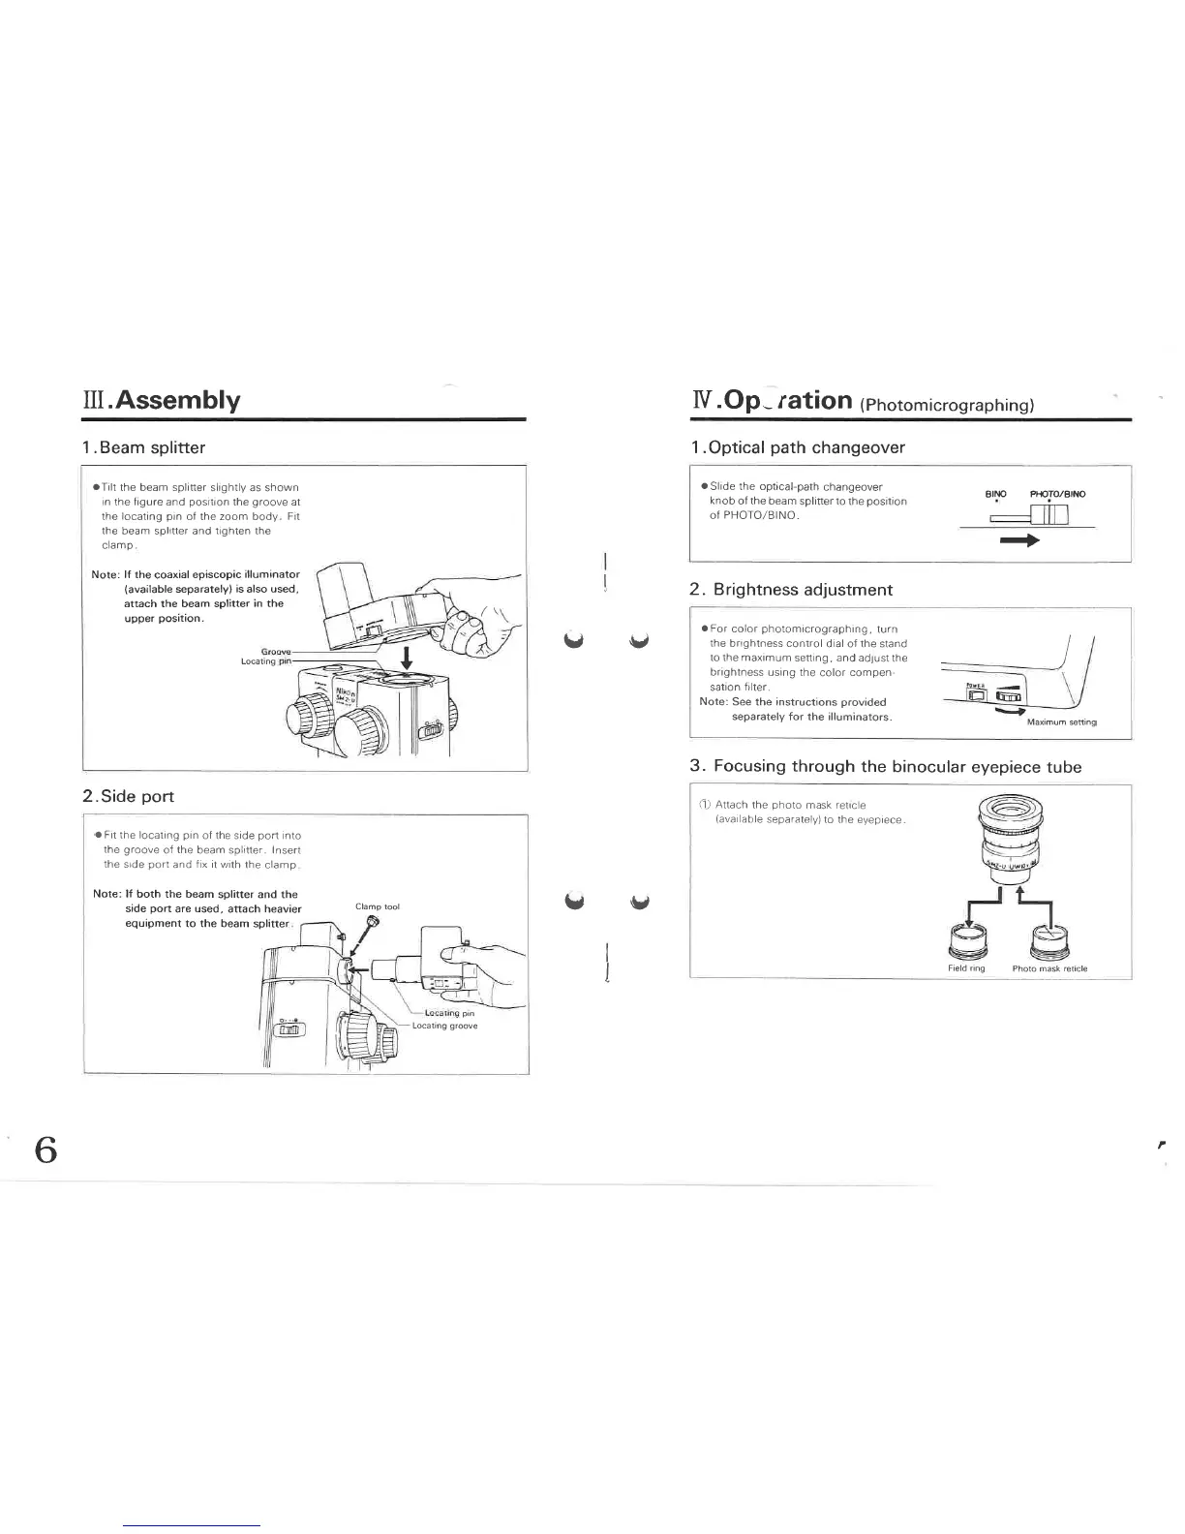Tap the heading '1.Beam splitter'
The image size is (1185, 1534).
[x=144, y=447]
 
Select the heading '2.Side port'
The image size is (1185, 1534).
[x=129, y=796]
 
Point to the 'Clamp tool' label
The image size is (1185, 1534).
[x=378, y=907]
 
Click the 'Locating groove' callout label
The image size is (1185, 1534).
[x=444, y=1026]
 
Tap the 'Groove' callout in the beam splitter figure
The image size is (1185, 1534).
[x=277, y=651]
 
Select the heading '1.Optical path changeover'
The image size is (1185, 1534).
[x=798, y=447]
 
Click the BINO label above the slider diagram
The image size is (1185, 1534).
[x=995, y=494]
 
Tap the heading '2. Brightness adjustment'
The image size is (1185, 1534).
[x=791, y=590]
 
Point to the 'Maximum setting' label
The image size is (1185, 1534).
[x=1061, y=722]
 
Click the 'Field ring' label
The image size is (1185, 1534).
[x=965, y=968]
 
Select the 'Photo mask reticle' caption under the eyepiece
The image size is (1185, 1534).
[x=1049, y=968]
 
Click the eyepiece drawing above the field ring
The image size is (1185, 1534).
[x=1008, y=837]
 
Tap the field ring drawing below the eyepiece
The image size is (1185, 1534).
[x=966, y=939]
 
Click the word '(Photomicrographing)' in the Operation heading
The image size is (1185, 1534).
[x=948, y=405]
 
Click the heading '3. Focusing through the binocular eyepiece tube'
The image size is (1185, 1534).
[x=885, y=767]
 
